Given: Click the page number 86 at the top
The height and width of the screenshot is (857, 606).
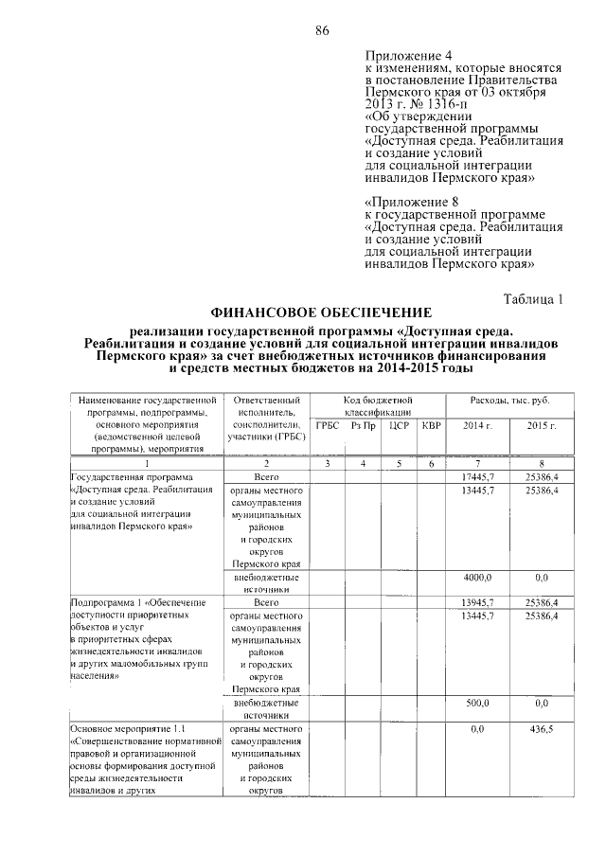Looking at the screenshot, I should (x=322, y=31).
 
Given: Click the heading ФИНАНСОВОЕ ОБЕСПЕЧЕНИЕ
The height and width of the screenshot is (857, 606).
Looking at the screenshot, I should (x=321, y=313).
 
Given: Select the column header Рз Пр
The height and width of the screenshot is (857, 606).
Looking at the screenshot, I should (x=363, y=426).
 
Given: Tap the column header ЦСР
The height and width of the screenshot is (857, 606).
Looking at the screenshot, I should (x=398, y=426).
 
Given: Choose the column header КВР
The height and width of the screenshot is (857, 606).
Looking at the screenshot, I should (x=431, y=426).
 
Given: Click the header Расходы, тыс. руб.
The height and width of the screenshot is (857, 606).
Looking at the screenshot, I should (x=509, y=402).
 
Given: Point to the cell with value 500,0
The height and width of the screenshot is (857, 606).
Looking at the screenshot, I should (x=477, y=704).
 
